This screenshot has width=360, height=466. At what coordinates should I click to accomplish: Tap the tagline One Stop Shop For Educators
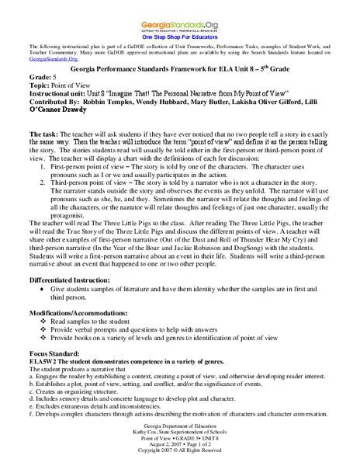179,36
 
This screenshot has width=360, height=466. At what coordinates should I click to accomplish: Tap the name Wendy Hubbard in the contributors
178,110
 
